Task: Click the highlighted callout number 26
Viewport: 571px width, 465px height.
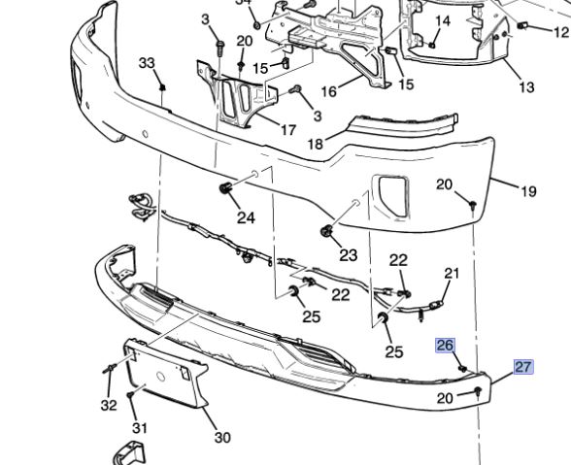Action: (x=445, y=346)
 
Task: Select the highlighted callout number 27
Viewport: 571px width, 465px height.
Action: (x=523, y=367)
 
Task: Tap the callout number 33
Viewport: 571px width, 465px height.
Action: (x=147, y=63)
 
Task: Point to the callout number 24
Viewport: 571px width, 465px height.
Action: (x=246, y=217)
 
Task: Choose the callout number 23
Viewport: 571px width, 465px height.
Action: (x=348, y=255)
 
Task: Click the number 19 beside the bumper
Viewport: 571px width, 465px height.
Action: (x=528, y=191)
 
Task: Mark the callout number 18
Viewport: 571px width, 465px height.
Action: (x=316, y=145)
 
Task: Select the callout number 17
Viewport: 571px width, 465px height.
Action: (x=287, y=129)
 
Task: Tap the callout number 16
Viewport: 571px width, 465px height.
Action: (x=328, y=91)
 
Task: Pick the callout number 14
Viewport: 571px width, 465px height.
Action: (x=443, y=21)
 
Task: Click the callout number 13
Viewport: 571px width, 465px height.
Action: (x=526, y=87)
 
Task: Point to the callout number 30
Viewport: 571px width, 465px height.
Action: (x=222, y=438)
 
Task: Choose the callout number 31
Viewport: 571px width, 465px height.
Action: (x=140, y=428)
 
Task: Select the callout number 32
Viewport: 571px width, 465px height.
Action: (x=109, y=405)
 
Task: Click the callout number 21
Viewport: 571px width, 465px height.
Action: (x=452, y=273)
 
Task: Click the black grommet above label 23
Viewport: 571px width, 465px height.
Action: (x=326, y=231)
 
